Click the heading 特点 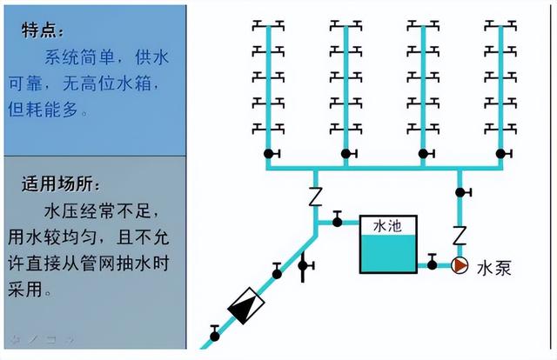42,30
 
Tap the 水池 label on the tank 386,226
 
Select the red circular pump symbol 459,265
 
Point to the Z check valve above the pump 459,235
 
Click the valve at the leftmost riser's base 268,155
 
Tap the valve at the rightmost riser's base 500,155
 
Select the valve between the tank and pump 431,264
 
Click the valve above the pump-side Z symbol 460,191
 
